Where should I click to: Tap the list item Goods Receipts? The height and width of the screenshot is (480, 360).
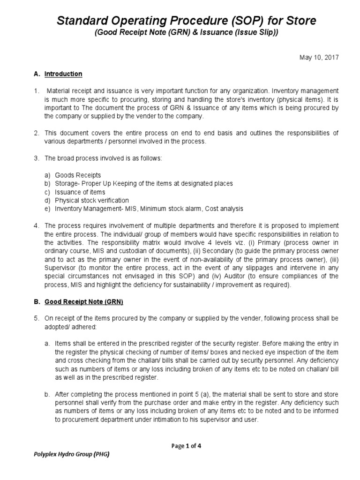(78, 175)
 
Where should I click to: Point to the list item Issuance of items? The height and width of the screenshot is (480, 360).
(80, 192)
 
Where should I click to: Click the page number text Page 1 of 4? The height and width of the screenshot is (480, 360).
(186, 446)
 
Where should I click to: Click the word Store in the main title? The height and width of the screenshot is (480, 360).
(298, 21)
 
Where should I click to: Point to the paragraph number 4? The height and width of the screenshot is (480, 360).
(36, 225)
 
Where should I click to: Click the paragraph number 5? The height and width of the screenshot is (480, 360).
(36, 318)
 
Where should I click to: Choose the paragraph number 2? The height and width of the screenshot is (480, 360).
(36, 133)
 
